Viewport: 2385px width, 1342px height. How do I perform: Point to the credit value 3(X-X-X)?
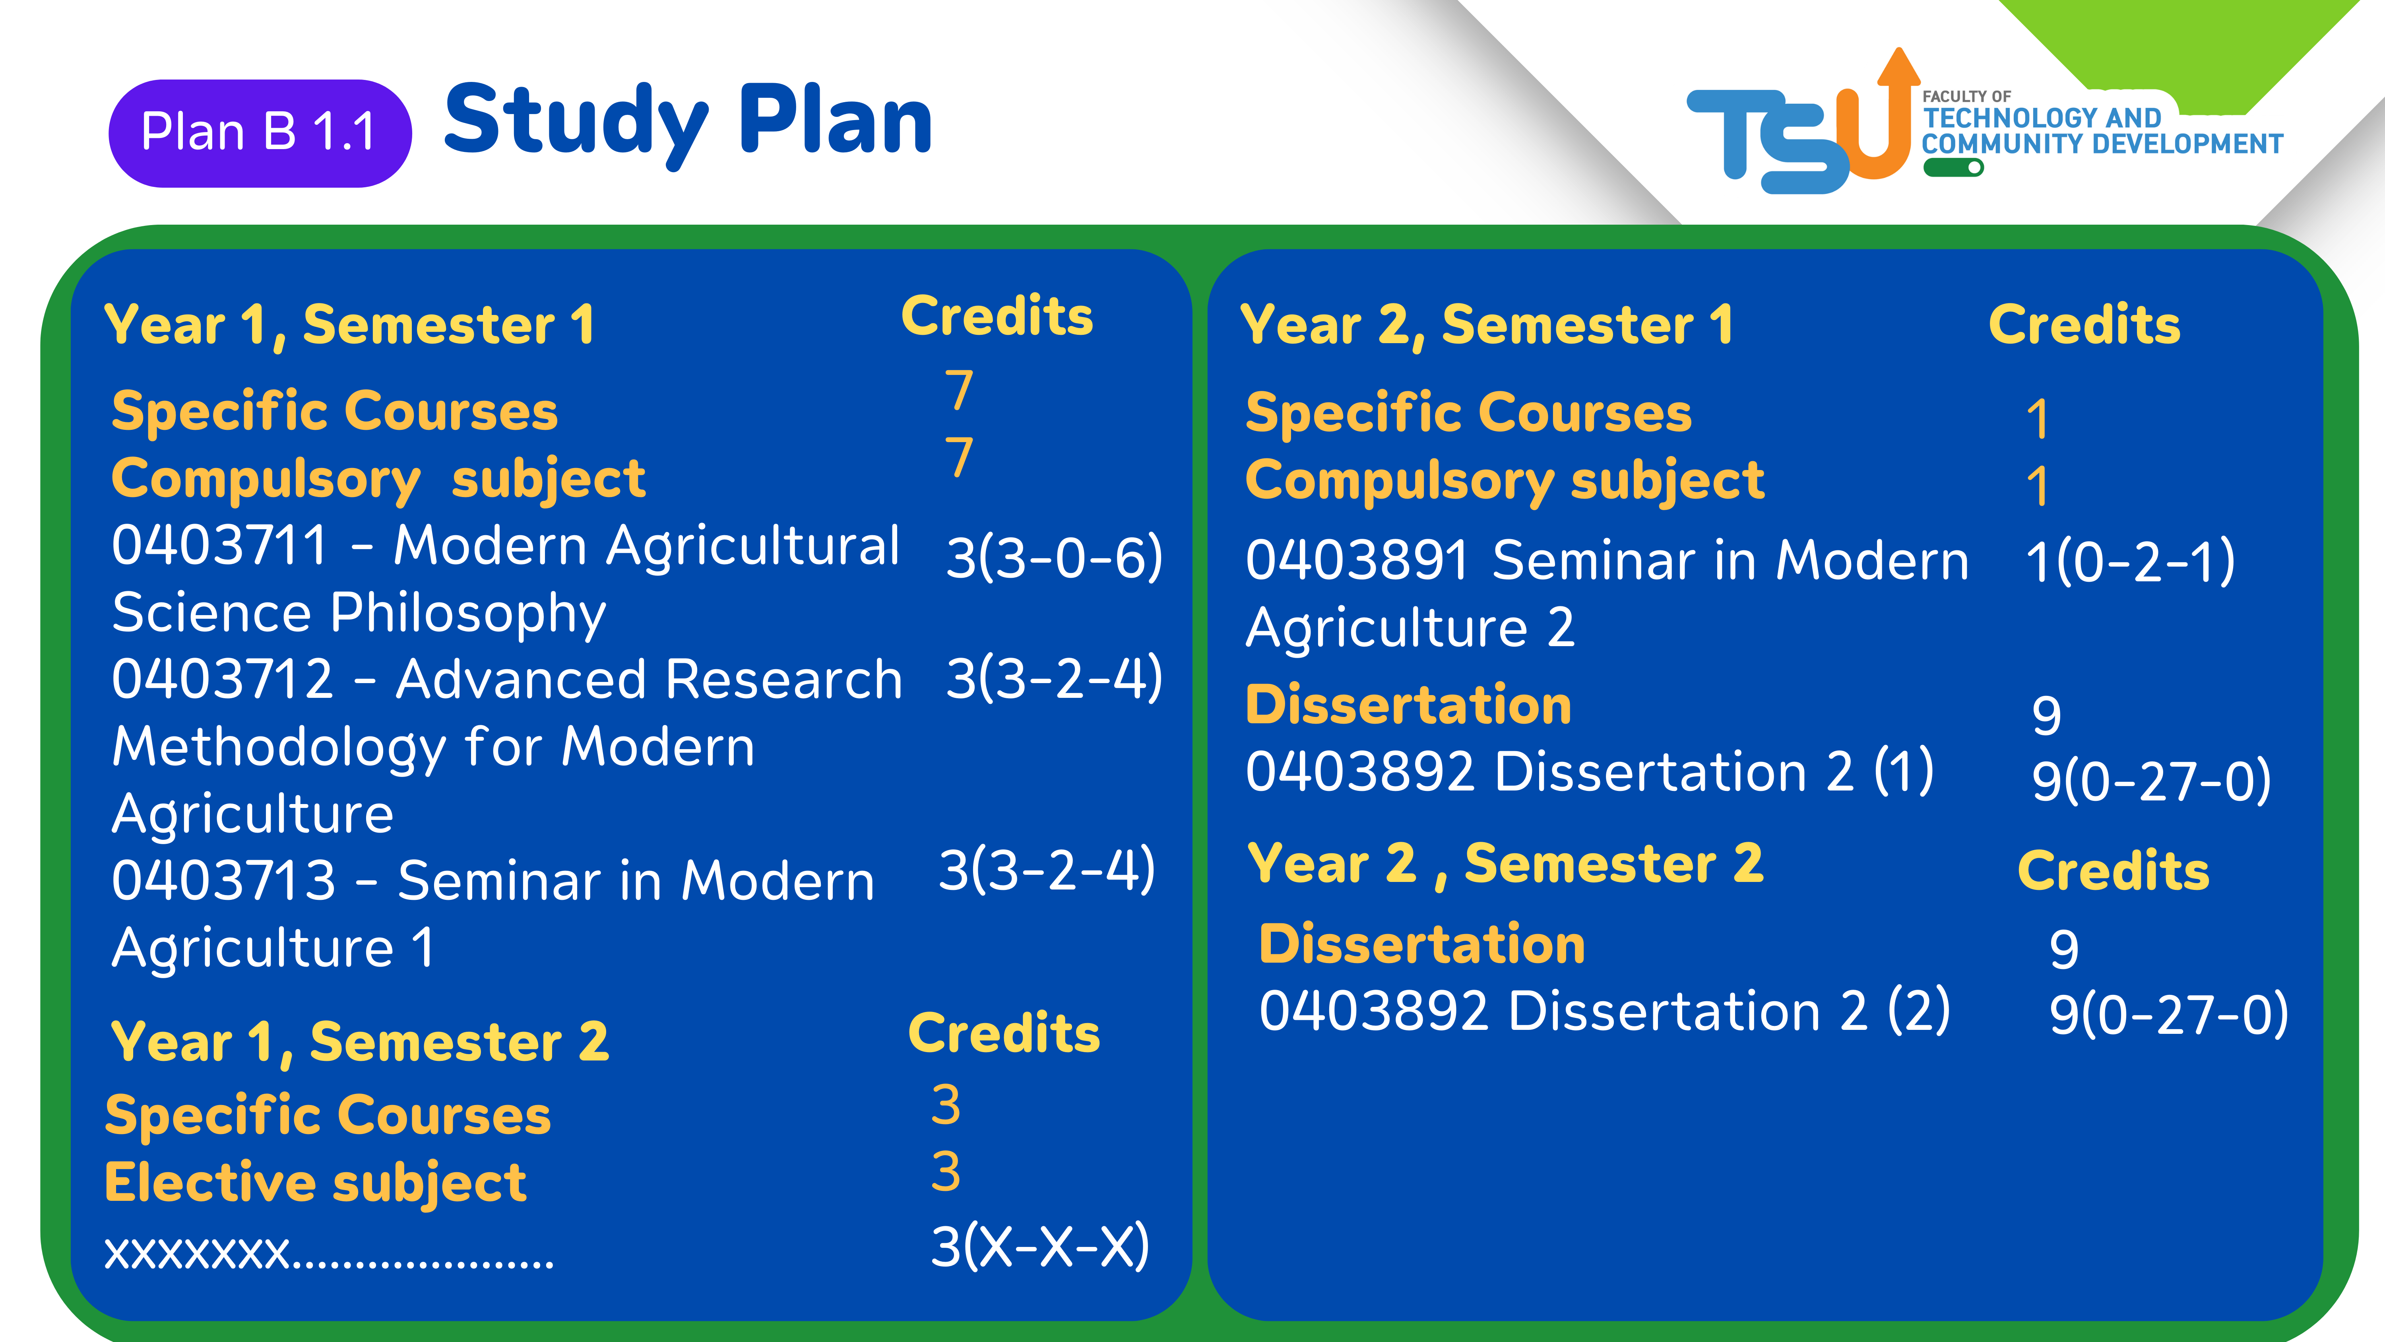click(x=1040, y=1247)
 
